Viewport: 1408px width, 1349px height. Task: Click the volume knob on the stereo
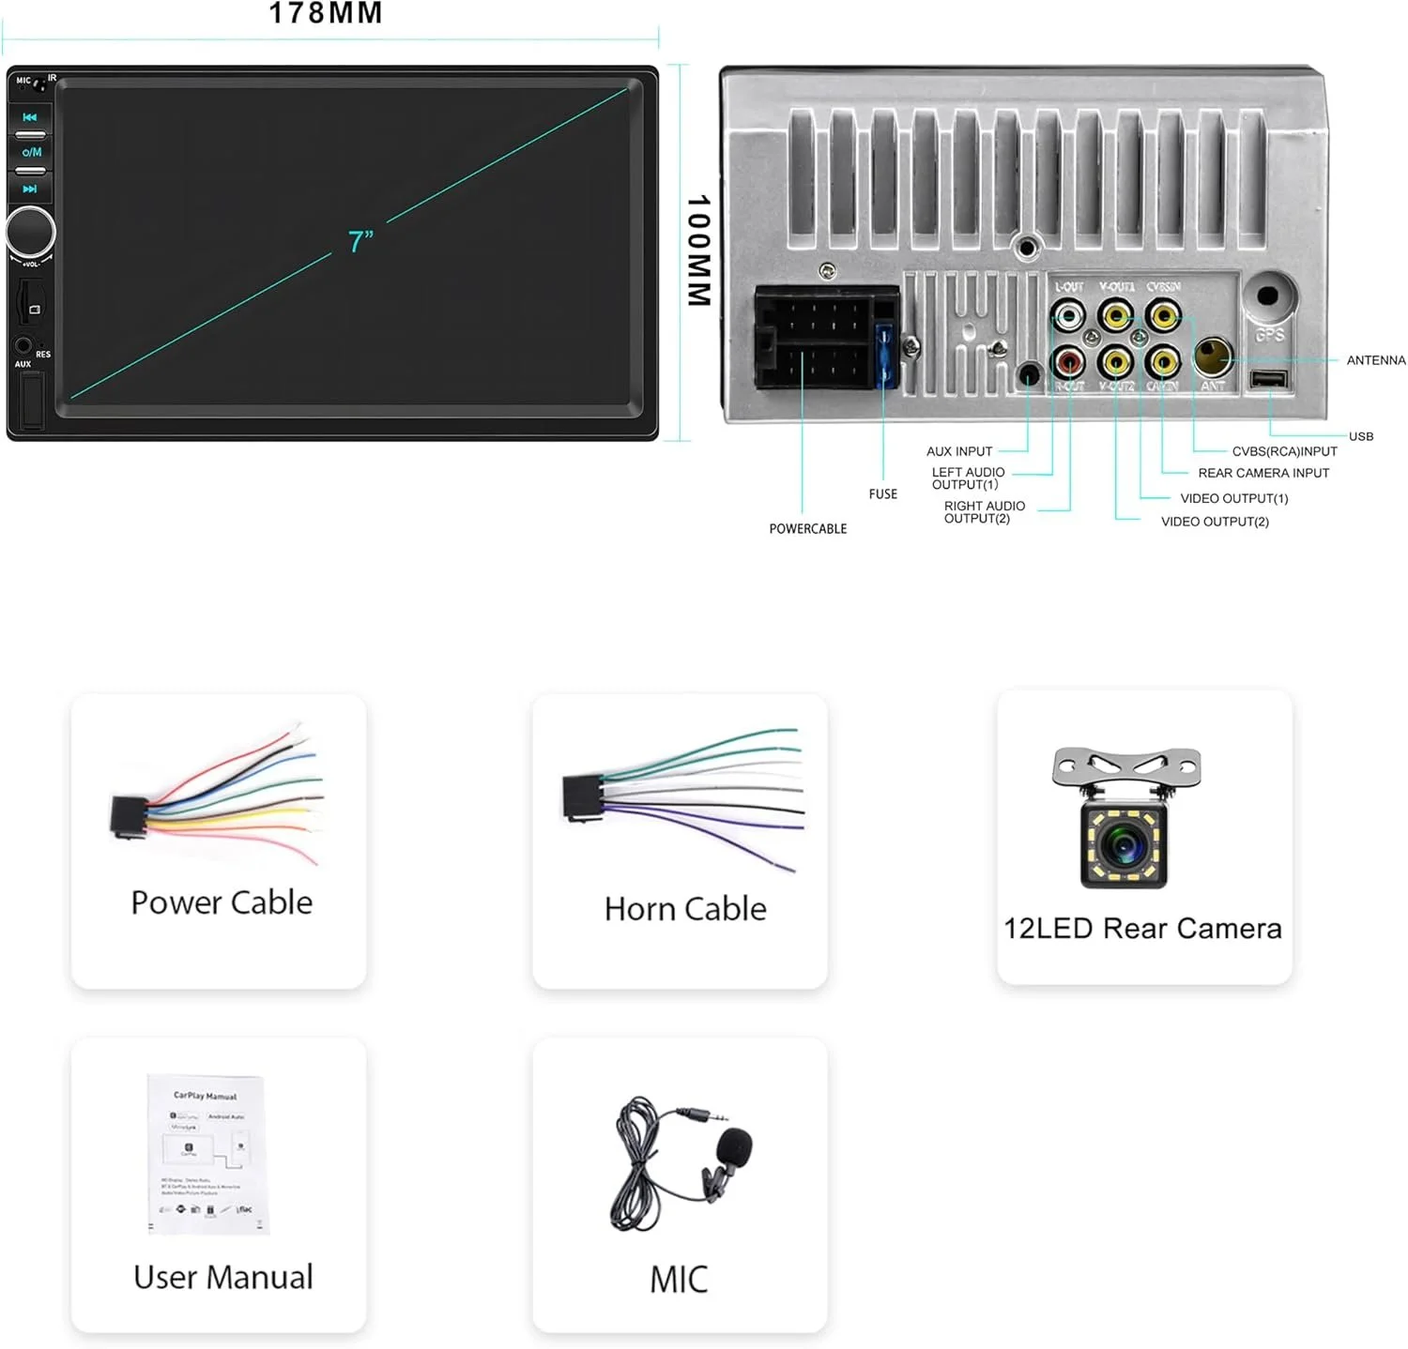(x=30, y=232)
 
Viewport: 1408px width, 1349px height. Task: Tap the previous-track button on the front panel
(x=30, y=117)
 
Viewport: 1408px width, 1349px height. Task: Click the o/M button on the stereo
(x=31, y=152)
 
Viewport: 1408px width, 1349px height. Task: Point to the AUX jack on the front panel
(x=23, y=345)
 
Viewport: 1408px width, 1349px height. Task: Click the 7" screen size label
(x=361, y=242)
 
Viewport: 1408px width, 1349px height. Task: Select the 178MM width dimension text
(x=326, y=13)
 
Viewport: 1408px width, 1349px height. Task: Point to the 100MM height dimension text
(x=698, y=250)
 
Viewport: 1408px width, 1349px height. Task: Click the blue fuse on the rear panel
(x=883, y=356)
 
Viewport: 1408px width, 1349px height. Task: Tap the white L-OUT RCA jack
(x=1068, y=316)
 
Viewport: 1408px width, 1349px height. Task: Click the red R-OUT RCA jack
(x=1068, y=360)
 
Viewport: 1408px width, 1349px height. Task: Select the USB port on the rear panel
(x=1268, y=379)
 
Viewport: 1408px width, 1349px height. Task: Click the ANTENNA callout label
(x=1375, y=360)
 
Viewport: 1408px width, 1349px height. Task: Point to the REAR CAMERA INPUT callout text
(x=1263, y=473)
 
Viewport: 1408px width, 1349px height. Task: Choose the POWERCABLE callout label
(x=807, y=529)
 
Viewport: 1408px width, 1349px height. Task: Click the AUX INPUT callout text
(x=958, y=451)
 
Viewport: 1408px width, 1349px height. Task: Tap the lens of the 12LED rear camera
(x=1125, y=844)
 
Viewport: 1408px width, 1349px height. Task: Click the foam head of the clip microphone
(x=734, y=1146)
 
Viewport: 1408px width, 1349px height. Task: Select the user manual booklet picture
(x=207, y=1153)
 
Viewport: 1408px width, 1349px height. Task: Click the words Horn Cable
(x=685, y=908)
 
